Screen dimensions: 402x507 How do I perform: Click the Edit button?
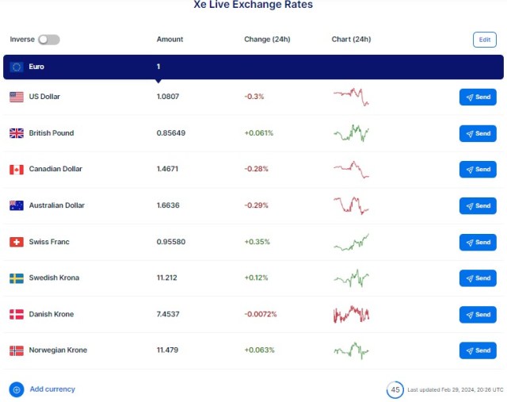point(484,40)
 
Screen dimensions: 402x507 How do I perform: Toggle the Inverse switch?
point(48,40)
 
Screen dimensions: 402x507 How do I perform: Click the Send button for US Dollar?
point(478,97)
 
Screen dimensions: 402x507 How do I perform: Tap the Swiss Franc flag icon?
point(17,242)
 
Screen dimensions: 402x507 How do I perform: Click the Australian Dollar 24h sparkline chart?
point(351,205)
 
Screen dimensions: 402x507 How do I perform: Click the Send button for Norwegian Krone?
point(478,350)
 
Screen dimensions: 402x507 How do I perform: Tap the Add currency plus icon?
point(17,389)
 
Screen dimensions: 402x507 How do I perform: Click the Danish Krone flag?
point(17,315)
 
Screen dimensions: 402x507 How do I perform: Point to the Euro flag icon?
point(17,67)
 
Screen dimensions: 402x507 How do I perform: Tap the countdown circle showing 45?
point(395,389)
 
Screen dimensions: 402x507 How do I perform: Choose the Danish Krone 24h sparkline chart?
point(351,314)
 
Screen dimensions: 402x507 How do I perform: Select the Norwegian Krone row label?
point(58,350)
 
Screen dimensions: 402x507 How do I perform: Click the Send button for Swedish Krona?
point(478,278)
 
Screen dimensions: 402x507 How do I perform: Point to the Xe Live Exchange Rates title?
point(253,6)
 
